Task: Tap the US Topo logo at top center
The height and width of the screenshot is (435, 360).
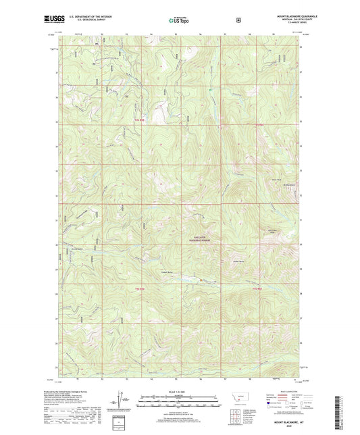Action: pos(179,21)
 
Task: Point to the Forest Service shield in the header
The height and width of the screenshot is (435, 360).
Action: pos(237,20)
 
